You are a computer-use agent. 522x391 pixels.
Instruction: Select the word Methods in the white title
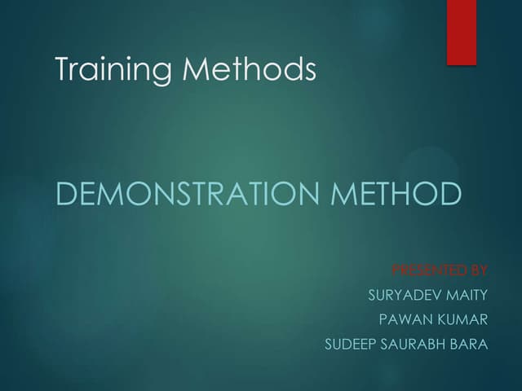(x=250, y=69)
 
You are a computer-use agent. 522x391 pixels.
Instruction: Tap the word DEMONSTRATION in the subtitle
(x=186, y=195)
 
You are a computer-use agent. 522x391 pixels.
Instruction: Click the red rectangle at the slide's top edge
(x=462, y=31)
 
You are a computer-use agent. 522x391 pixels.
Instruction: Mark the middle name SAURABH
(x=414, y=344)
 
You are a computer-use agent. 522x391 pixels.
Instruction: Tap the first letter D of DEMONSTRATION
(x=65, y=195)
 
